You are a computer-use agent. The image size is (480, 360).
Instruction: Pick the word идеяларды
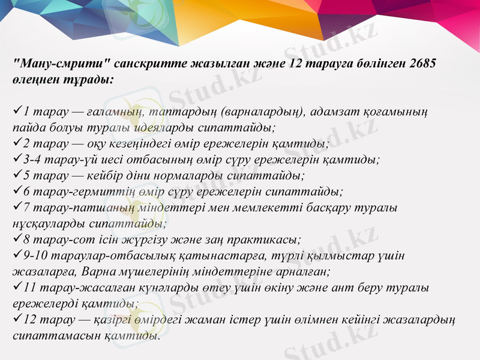coord(170,128)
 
